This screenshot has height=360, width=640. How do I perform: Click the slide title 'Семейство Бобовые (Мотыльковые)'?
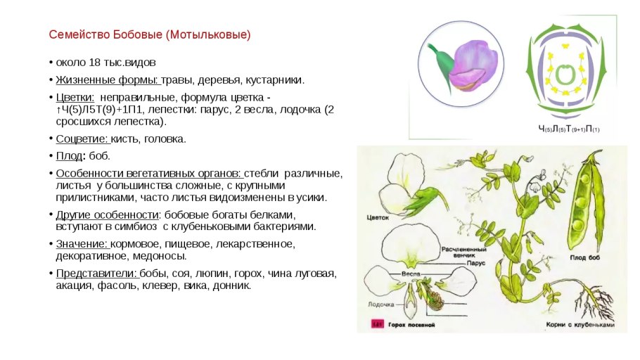(x=149, y=34)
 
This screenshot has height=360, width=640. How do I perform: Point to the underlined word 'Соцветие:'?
(x=82, y=139)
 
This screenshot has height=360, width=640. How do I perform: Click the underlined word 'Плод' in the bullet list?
(x=69, y=155)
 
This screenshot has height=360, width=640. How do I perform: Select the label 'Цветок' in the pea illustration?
(x=378, y=218)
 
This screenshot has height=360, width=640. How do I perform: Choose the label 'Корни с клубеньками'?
(x=580, y=325)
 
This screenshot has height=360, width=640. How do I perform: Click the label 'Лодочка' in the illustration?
(x=380, y=304)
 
